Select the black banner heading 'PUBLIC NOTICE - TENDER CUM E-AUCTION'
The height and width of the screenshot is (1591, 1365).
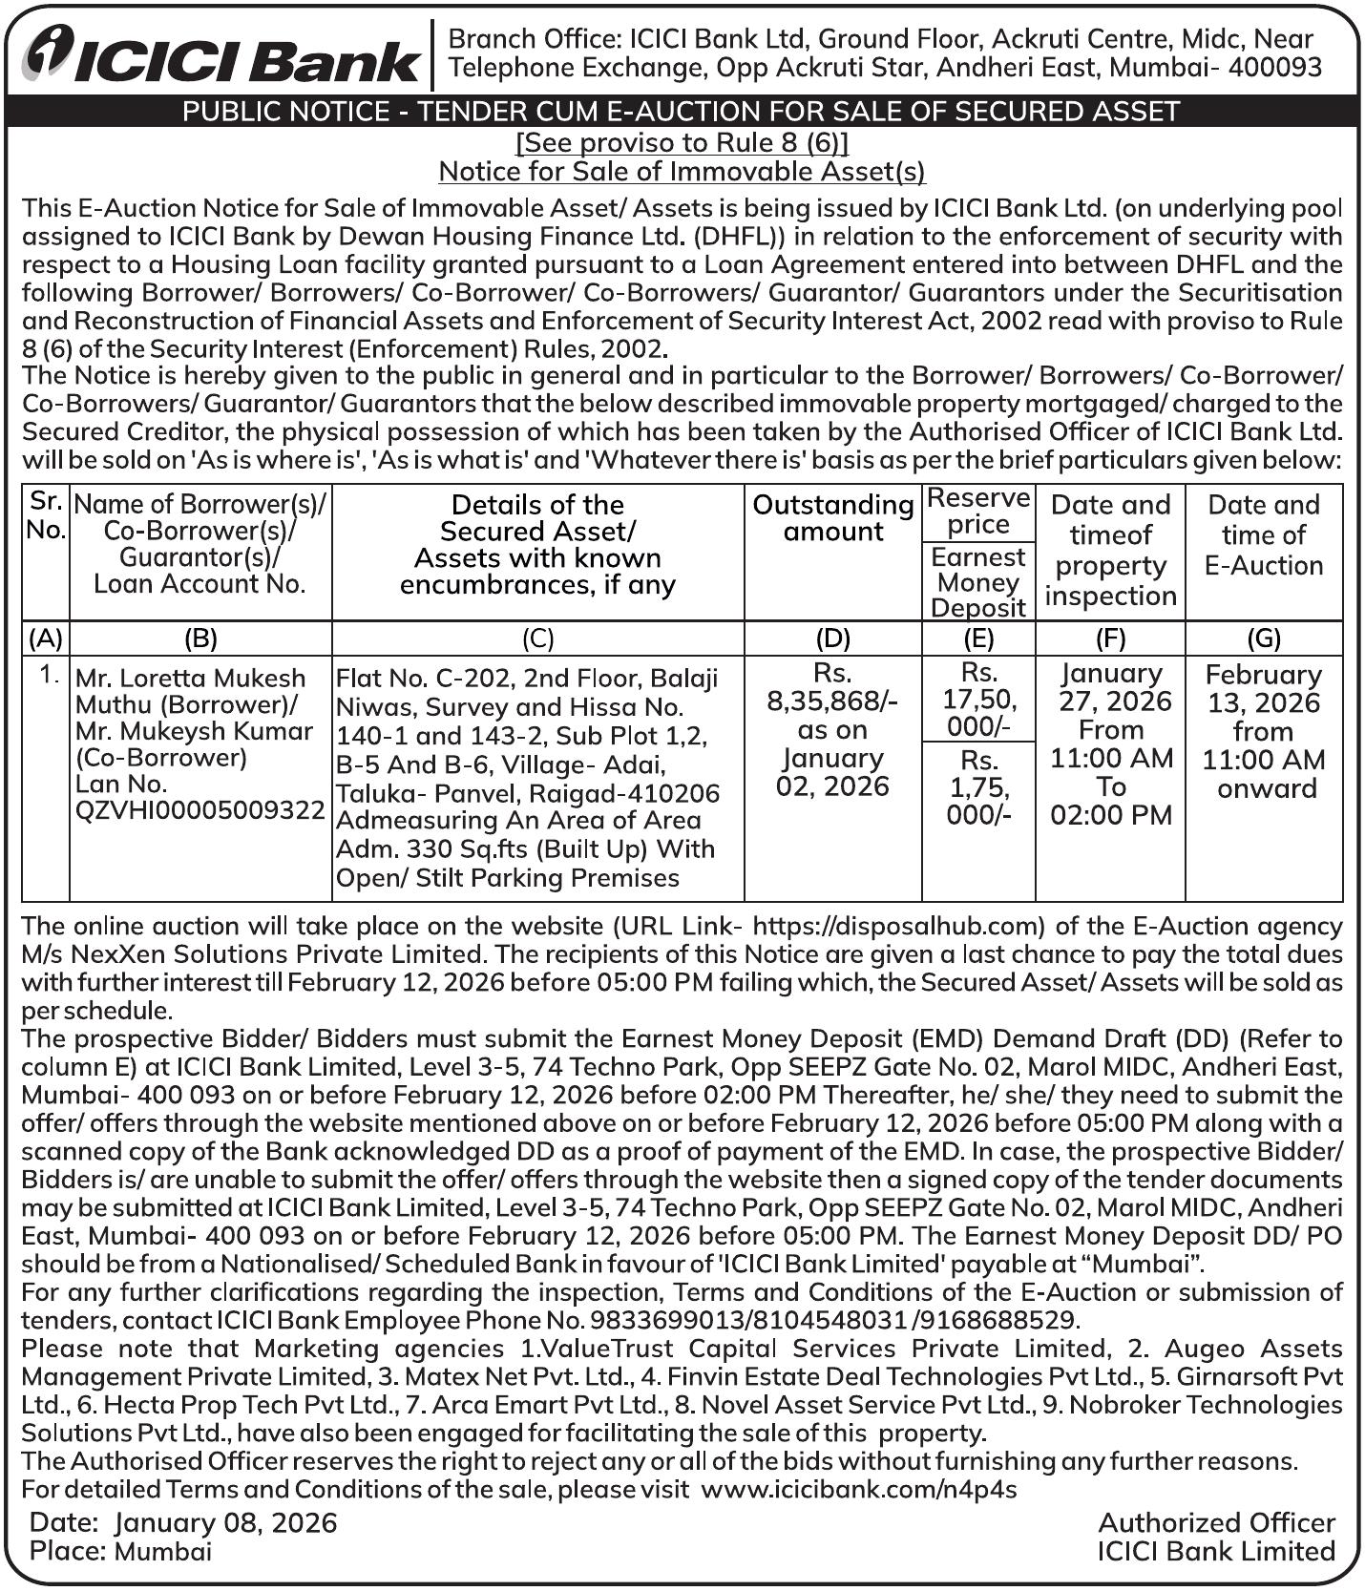click(682, 112)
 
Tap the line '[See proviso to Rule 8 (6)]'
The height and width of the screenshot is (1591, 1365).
click(682, 142)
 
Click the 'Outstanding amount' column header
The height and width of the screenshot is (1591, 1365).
click(833, 518)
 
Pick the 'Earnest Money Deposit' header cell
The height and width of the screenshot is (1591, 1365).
click(978, 582)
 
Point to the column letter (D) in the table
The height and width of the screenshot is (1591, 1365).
click(833, 638)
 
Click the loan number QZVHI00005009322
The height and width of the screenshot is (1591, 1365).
click(200, 810)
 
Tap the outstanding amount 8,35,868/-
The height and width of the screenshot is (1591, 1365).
click(833, 701)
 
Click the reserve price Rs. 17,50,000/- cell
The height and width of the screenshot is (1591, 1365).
click(979, 700)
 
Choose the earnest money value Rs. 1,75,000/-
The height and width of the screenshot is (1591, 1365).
click(979, 787)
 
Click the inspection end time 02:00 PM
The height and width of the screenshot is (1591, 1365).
click(1111, 816)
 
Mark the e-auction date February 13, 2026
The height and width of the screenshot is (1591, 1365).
click(1263, 688)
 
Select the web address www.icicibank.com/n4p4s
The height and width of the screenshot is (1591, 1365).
click(859, 1490)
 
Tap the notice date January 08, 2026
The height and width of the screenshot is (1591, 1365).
click(226, 1522)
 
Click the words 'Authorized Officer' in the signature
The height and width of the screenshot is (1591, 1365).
click(1216, 1522)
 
